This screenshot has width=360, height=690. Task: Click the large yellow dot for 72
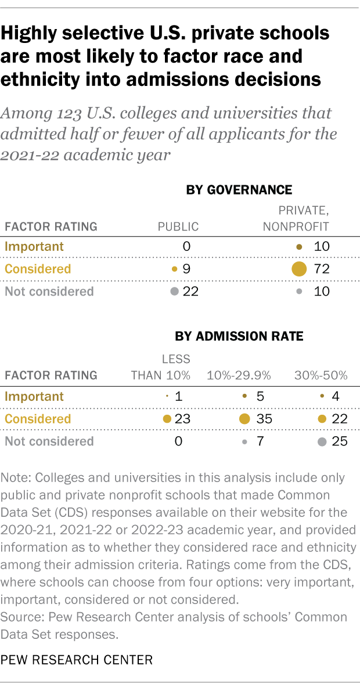pyautogui.click(x=298, y=268)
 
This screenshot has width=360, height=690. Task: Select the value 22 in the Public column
pyautogui.click(x=190, y=291)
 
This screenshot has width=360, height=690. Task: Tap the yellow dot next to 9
pyautogui.click(x=174, y=269)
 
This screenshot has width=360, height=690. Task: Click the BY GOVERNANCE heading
pyautogui.click(x=239, y=190)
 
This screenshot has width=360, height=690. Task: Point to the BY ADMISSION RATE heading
pyautogui.click(x=239, y=337)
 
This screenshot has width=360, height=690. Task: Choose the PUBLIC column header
pyautogui.click(x=178, y=227)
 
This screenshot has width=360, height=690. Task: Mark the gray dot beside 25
pyautogui.click(x=321, y=441)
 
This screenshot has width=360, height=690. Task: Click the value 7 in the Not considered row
pyautogui.click(x=260, y=441)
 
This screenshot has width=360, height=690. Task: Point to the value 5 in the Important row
pyautogui.click(x=260, y=397)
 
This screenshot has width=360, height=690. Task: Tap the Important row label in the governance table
pyautogui.click(x=34, y=246)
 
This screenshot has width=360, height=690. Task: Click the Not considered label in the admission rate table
pyautogui.click(x=49, y=441)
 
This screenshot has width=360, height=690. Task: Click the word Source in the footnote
pyautogui.click(x=19, y=617)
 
